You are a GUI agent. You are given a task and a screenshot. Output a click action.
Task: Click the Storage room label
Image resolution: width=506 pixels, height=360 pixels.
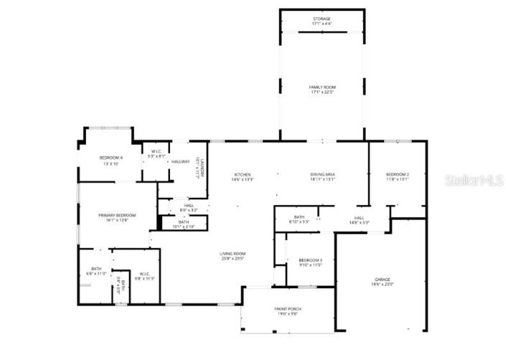pos(322,19)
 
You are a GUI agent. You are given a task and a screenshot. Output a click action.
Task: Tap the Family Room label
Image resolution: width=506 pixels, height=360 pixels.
pos(322,87)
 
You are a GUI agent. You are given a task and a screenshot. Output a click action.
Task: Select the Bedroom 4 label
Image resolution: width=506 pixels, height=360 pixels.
pos(111,157)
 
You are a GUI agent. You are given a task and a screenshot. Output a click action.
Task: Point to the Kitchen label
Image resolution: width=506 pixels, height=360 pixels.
pos(243,175)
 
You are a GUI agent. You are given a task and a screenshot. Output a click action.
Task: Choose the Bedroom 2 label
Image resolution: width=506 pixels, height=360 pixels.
pos(397,175)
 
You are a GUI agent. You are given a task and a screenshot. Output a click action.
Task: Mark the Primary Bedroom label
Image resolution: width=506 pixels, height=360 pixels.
pos(117,215)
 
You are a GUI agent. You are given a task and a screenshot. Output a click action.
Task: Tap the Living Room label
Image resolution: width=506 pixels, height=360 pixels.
pos(233,253)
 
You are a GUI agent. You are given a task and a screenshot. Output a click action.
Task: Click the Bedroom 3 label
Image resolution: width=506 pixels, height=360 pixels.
pos(310,260)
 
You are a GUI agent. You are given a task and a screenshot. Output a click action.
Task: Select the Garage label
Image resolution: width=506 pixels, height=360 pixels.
pos(382,279)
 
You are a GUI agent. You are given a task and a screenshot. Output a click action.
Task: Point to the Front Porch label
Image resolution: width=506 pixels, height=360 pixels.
pos(287,309)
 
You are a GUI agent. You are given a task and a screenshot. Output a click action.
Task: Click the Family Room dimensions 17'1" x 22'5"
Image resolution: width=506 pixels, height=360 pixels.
pos(322,92)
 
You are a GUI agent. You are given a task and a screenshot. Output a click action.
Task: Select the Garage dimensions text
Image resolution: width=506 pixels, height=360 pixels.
pos(382,284)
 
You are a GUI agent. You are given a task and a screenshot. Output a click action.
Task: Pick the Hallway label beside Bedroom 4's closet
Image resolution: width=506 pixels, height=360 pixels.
pos(179,162)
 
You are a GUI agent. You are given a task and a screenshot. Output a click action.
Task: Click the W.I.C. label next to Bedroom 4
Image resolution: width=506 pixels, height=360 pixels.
pos(156,151)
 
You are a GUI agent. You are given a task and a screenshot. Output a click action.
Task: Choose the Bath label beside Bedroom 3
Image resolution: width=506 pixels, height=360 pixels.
pos(299,217)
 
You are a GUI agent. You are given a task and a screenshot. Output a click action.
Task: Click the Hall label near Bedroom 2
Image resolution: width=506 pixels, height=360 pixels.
pos(360,218)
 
